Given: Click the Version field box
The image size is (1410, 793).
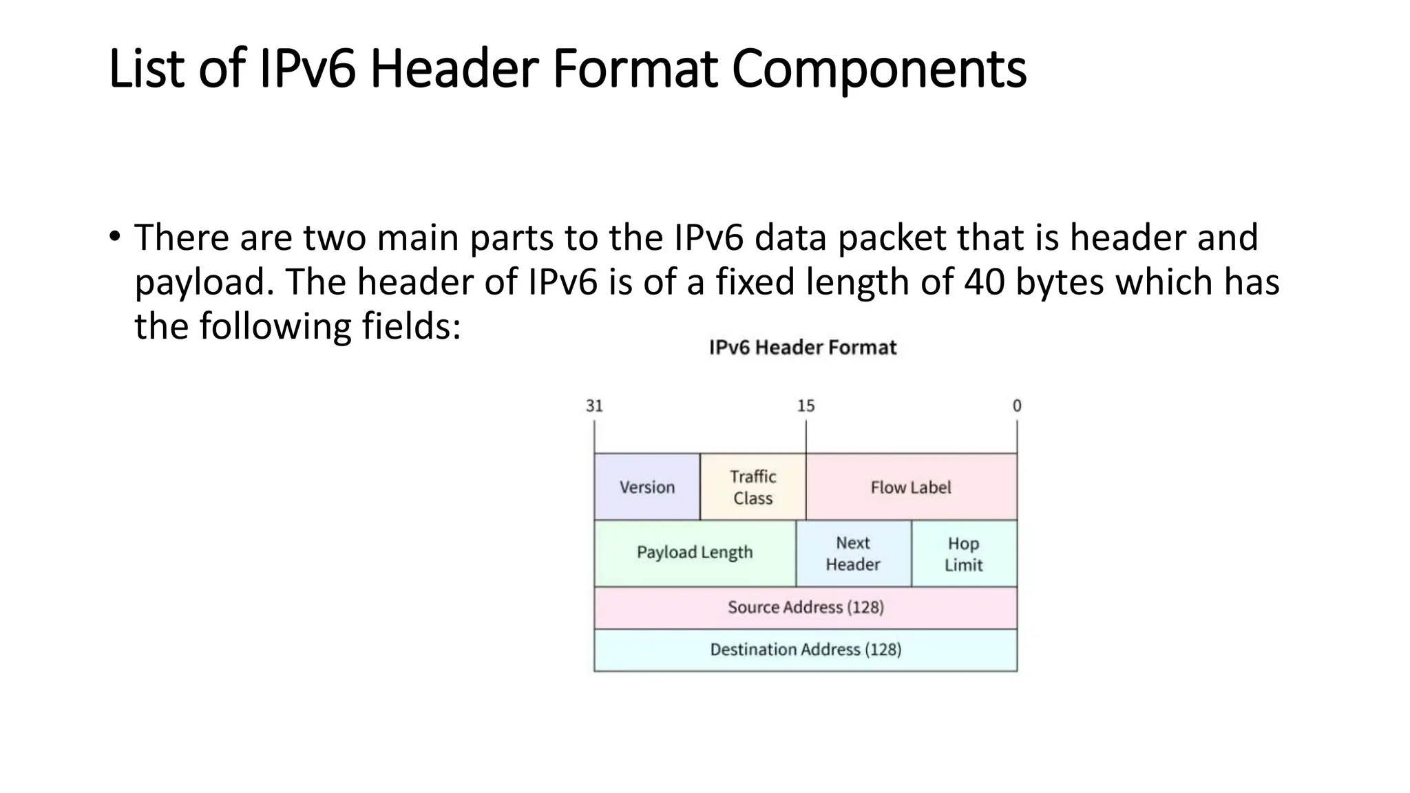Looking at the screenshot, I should (x=646, y=487).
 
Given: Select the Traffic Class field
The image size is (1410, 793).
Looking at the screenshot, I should (x=753, y=487).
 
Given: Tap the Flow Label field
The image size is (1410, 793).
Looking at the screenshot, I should (x=911, y=487).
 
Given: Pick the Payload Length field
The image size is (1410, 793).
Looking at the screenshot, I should (x=694, y=553).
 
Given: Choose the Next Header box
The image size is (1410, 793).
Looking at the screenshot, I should (x=853, y=553).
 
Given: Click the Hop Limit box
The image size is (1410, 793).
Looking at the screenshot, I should (x=963, y=553).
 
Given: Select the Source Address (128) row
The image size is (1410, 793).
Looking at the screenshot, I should (x=806, y=607).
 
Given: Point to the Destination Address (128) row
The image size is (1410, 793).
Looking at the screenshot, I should (x=806, y=650).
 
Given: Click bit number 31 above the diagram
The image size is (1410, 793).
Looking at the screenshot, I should (x=594, y=406).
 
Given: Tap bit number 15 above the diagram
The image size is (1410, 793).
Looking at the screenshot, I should (x=806, y=406).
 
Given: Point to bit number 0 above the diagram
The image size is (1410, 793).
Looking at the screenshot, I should (x=1017, y=406).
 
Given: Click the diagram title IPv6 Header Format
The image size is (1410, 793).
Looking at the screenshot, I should (x=803, y=348).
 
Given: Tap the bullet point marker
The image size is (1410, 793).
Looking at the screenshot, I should (x=114, y=236).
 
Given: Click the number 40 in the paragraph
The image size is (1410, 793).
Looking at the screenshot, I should (x=984, y=282).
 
